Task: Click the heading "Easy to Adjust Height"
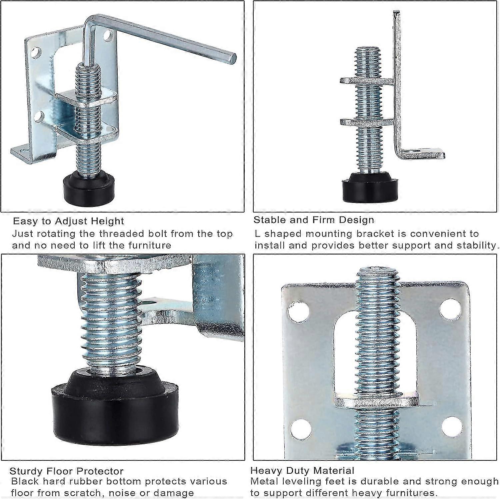[x=68, y=221]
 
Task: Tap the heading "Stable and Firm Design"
[x=314, y=220]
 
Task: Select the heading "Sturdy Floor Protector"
[x=66, y=471]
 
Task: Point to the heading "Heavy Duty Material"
[x=302, y=470]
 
